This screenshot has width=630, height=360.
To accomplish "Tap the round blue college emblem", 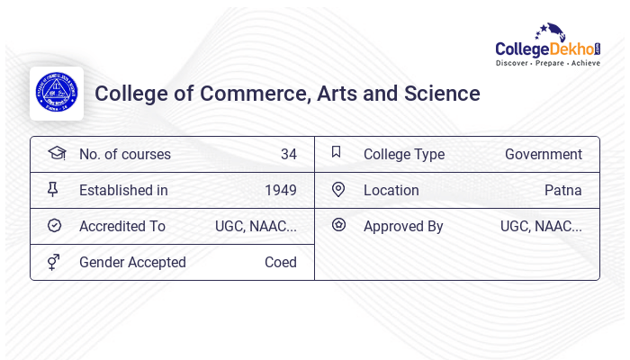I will [x=57, y=94].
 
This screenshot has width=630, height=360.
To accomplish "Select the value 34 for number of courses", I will [x=288, y=155].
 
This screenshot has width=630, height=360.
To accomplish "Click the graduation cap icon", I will [x=56, y=153].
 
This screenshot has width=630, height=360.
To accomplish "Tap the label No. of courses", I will [x=124, y=155].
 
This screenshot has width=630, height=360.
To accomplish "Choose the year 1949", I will [x=281, y=191].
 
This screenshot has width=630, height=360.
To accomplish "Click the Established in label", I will [x=123, y=191].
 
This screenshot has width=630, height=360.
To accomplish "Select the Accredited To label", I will [x=122, y=227].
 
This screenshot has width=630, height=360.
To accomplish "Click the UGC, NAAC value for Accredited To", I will [x=256, y=227].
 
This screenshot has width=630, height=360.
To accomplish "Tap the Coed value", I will [x=281, y=263].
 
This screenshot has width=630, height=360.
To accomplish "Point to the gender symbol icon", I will [x=55, y=262].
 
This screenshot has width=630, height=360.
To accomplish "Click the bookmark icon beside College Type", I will [x=337, y=153].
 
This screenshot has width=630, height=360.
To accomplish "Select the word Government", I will [x=544, y=155].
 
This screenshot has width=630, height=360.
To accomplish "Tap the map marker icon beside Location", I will [x=338, y=190].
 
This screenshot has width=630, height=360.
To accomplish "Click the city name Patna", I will [x=563, y=191].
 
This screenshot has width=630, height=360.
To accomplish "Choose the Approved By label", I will [x=403, y=227].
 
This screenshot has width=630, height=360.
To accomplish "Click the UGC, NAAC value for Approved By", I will [x=541, y=227].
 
